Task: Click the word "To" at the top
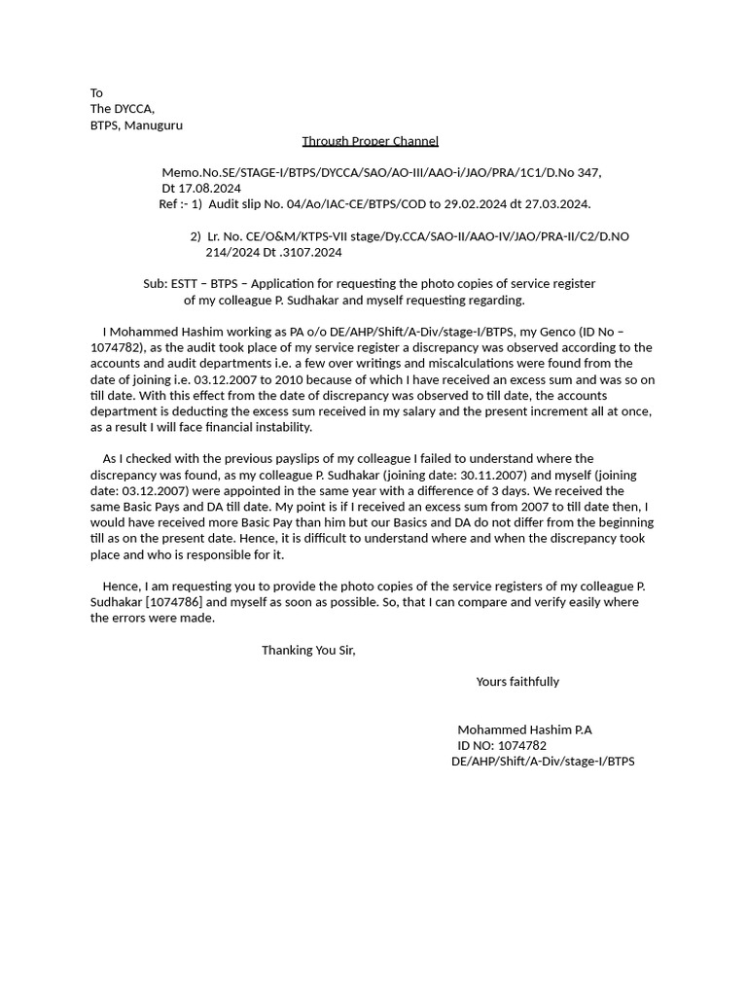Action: (96, 93)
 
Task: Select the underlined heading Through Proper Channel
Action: (370, 141)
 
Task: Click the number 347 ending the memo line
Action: (587, 173)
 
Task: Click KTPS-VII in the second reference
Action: (342, 236)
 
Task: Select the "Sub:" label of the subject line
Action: (155, 284)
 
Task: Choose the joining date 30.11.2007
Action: (491, 475)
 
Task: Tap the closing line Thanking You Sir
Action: (308, 651)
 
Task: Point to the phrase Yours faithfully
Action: (517, 682)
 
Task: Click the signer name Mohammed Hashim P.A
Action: (524, 729)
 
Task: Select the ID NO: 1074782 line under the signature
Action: (502, 746)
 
